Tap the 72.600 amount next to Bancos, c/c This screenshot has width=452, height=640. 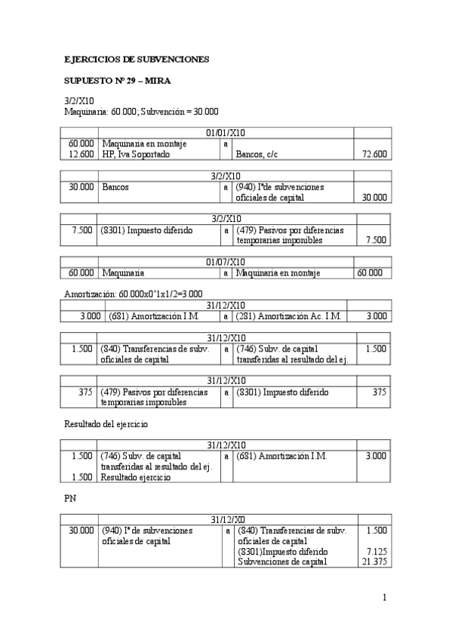tap(375, 154)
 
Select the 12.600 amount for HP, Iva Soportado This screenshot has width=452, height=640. tap(81, 154)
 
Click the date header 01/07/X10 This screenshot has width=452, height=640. tap(226, 261)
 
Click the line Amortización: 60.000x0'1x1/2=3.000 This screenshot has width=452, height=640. tap(134, 293)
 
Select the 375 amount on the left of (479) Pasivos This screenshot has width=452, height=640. tap(85, 392)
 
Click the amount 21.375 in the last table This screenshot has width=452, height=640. tap(375, 562)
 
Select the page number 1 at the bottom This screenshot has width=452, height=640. tap(384, 598)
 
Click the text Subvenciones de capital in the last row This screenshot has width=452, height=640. tap(281, 562)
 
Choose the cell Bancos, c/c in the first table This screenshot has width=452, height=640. tap(260, 154)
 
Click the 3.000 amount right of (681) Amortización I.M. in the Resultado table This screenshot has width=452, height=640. tap(375, 456)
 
